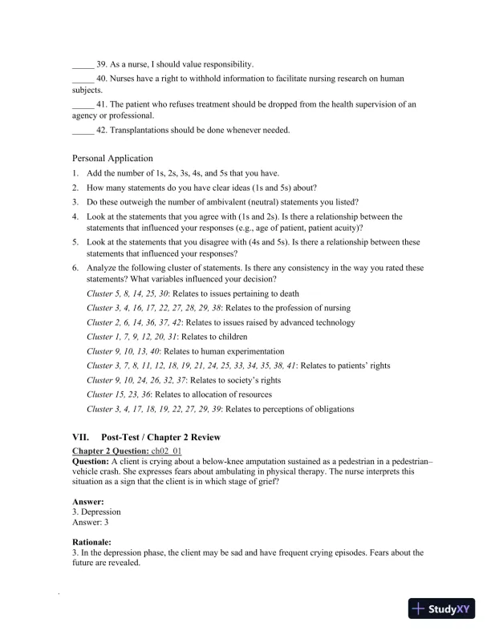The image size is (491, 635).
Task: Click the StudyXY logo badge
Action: (x=442, y=609)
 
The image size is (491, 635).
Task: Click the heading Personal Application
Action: (x=112, y=158)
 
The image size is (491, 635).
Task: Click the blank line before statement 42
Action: (x=83, y=129)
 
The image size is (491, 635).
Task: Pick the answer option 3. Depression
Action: (x=96, y=512)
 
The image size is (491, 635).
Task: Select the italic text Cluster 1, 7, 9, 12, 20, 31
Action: (x=132, y=337)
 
